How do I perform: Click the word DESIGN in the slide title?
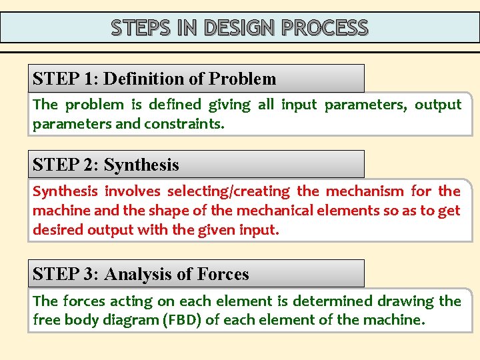[239, 28]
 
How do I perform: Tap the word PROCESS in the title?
[325, 28]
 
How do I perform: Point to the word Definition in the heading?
[146, 79]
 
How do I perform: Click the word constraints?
[181, 124]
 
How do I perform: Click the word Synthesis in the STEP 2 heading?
[141, 165]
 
